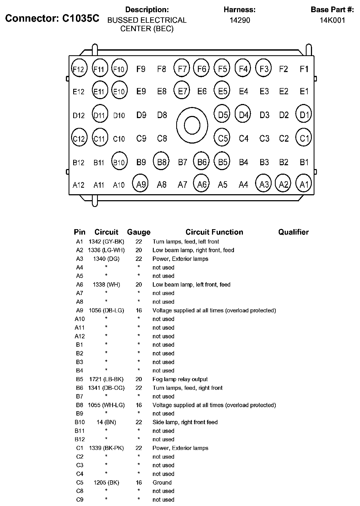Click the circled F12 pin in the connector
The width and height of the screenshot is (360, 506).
[79, 69]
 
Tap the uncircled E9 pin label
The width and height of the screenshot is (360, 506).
[141, 91]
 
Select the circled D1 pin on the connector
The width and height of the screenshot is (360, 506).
[304, 115]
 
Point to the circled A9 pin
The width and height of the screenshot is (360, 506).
[140, 184]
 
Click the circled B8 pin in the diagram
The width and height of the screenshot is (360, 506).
[161, 162]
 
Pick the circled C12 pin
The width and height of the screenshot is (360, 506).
[79, 138]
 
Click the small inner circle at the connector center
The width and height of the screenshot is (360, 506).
[192, 125]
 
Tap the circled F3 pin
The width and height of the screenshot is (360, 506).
[264, 69]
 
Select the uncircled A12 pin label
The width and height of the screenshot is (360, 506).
[79, 185]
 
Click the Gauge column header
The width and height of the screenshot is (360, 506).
[139, 232]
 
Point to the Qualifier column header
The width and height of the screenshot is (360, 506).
[293, 232]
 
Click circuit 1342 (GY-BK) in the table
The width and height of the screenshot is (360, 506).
[106, 242]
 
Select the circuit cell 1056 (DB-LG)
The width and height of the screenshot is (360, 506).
[106, 310]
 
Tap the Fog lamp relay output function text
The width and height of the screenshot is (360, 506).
[180, 379]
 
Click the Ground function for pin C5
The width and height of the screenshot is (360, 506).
[162, 482]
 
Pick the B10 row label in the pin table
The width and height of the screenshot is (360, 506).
[79, 422]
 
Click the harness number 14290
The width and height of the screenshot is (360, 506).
[240, 20]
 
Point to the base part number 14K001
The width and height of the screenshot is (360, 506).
[332, 20]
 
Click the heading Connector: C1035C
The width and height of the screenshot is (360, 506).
[52, 18]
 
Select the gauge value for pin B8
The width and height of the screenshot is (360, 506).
[139, 405]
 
